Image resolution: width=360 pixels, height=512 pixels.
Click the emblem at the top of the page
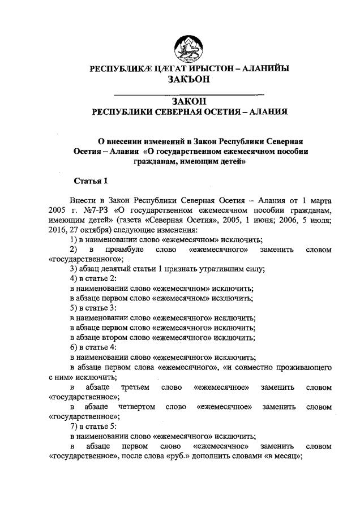click(189, 46)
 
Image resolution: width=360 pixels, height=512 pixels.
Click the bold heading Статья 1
click(91, 181)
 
